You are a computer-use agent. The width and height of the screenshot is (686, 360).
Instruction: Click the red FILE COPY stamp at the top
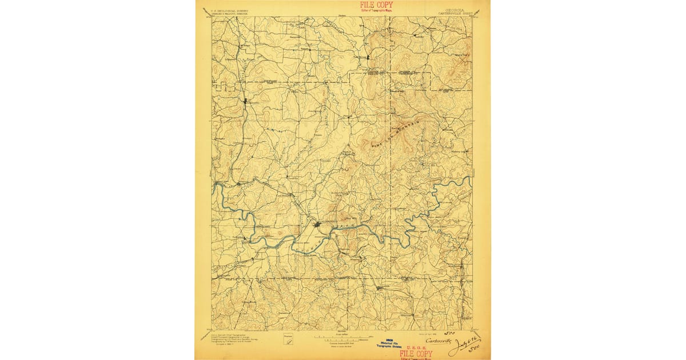[376, 5]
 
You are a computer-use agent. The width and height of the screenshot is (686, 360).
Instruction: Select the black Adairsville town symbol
[246, 103]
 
